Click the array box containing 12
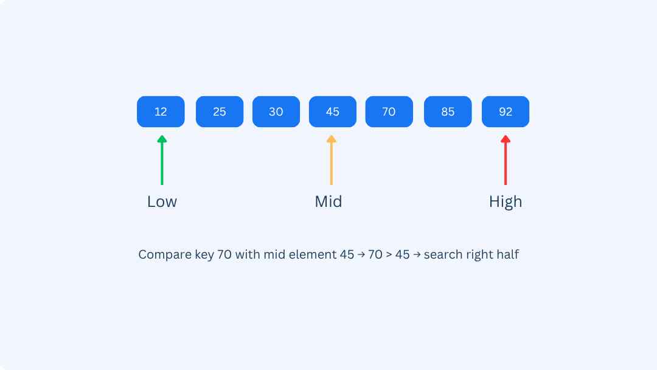[161, 111]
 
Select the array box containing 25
[220, 111]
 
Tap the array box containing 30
[276, 111]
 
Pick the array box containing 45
[333, 111]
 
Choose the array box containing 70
[389, 111]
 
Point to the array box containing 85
[448, 111]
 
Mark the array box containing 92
[506, 111]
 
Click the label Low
[162, 201]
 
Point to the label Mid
[328, 201]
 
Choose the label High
[506, 201]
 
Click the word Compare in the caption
[164, 254]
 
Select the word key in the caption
[205, 254]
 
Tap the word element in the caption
[315, 254]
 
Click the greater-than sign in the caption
[388, 255]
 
